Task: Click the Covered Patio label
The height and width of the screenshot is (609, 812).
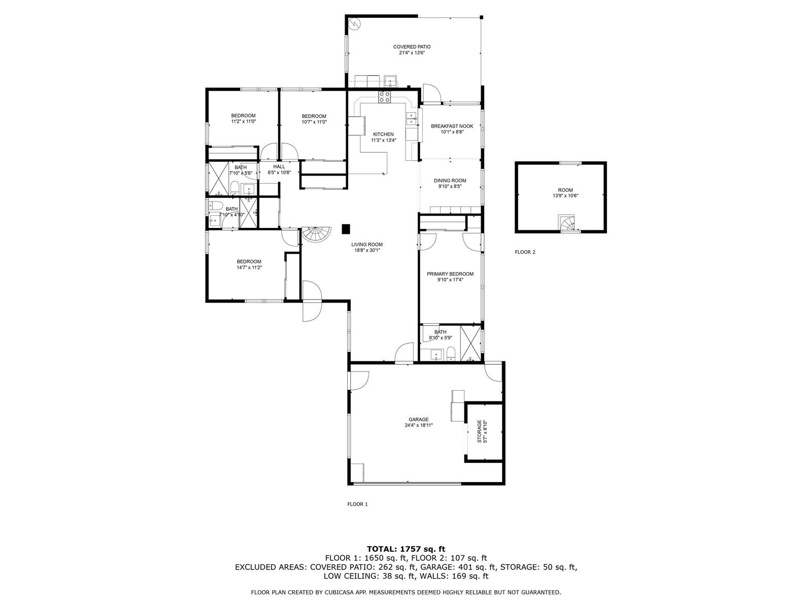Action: coord(412,47)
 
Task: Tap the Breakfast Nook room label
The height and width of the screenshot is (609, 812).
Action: coord(452,126)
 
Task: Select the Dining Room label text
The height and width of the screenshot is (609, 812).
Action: coord(450,181)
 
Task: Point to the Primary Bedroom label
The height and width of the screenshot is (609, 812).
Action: coord(450,274)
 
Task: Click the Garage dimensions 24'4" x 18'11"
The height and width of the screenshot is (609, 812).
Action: coord(419,425)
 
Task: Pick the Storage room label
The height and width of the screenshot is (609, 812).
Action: coord(480,431)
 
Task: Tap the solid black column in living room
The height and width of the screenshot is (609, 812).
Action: coord(346,229)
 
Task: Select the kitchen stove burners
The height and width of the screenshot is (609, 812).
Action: coord(384,97)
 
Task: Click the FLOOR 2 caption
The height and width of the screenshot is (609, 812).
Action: coord(525,252)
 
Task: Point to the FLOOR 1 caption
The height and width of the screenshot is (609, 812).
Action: coord(357,504)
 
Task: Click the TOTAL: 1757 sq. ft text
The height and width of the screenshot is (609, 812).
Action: coord(406,549)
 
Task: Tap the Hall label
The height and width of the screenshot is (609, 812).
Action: coord(279,167)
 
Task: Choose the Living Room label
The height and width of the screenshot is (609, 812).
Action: coord(366,245)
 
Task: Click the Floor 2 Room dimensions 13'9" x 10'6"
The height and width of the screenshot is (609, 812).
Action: coord(565,196)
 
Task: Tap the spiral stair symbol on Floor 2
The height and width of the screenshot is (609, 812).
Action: coord(567,223)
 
